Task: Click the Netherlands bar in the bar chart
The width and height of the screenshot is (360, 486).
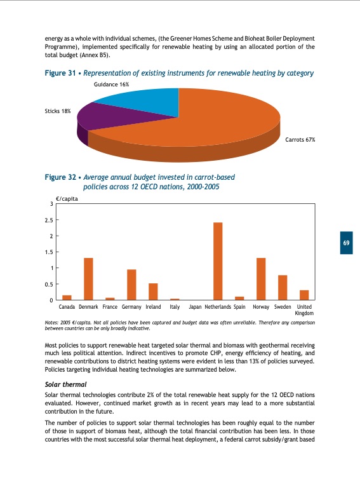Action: click(218, 261)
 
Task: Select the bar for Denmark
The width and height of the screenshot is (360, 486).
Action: click(88, 279)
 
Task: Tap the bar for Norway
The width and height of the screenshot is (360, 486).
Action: click(260, 279)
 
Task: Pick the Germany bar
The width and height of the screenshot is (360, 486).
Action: click(131, 285)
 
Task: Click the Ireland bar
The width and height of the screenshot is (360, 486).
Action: click(153, 292)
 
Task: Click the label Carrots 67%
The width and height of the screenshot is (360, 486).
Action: click(300, 139)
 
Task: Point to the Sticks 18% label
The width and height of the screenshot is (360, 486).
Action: click(58, 111)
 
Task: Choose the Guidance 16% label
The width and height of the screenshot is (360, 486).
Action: click(111, 84)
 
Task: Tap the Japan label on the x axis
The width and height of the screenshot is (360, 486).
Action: click(196, 307)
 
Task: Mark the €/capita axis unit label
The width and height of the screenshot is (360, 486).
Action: click(66, 198)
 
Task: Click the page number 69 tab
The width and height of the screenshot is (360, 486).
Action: click(347, 243)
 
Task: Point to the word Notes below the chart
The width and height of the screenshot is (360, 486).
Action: click(52, 323)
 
